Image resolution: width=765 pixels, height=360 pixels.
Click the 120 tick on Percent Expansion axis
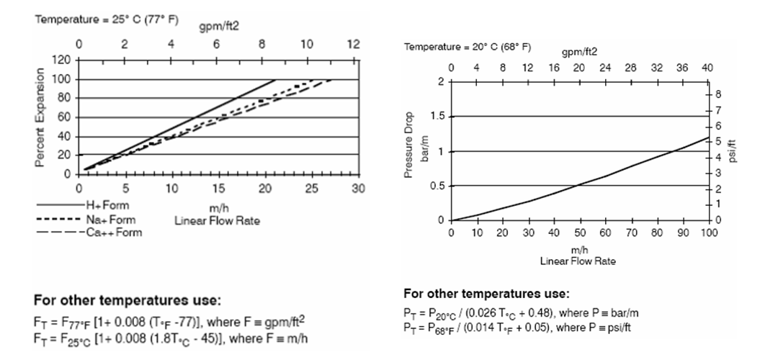click(x=62, y=60)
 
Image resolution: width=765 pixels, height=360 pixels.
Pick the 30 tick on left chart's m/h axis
click(x=354, y=189)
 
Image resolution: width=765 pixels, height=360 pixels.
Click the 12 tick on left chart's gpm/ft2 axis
click(x=352, y=44)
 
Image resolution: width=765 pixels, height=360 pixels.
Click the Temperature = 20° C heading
click(x=467, y=48)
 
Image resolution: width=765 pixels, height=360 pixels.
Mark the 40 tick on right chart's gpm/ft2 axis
click(x=707, y=68)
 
